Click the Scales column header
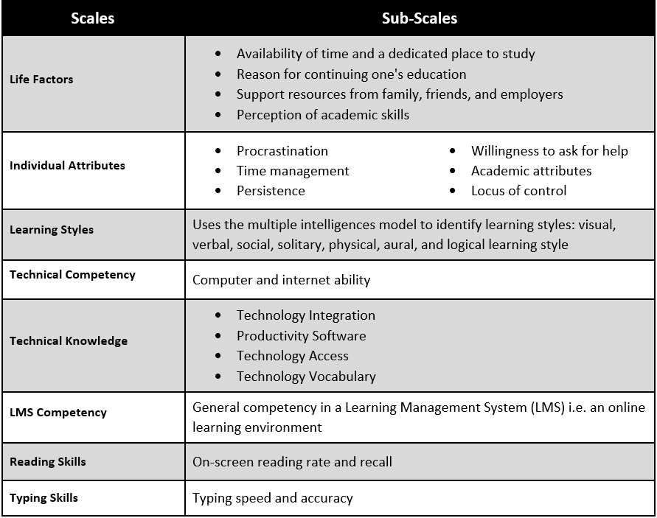click(93, 19)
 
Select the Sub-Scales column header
click(420, 19)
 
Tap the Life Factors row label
click(41, 80)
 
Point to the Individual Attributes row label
click(67, 166)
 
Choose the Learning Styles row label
click(52, 230)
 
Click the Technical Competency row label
click(72, 275)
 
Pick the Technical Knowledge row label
click(69, 341)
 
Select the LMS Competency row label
click(58, 413)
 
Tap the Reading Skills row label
click(48, 462)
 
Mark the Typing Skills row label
click(44, 498)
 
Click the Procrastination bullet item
click(282, 151)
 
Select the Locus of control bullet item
click(518, 191)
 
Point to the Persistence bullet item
click(270, 191)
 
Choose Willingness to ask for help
click(549, 151)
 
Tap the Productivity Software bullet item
click(301, 336)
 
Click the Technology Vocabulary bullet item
click(306, 377)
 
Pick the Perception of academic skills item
click(322, 115)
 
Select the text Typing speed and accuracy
click(272, 498)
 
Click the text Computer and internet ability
click(281, 280)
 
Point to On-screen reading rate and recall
click(292, 462)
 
